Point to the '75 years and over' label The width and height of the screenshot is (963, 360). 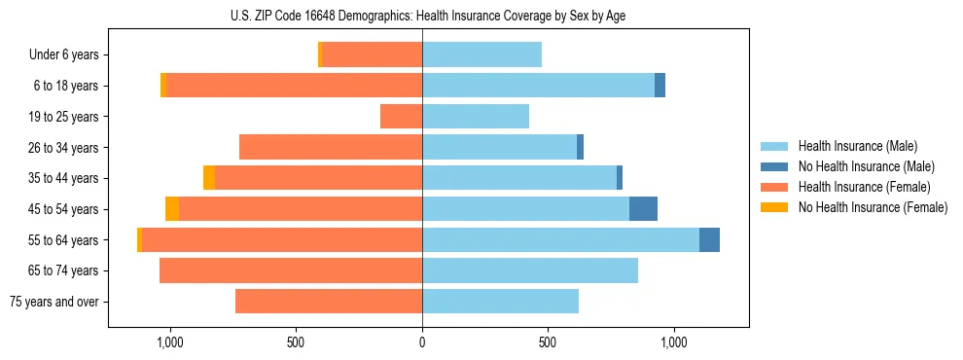53,302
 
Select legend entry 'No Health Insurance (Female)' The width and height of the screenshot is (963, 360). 873,207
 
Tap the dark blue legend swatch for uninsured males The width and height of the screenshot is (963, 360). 775,166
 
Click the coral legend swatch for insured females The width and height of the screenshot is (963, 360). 775,187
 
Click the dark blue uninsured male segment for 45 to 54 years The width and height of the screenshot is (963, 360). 643,209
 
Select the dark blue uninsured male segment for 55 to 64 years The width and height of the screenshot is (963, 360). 709,239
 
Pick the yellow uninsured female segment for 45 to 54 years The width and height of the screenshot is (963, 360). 172,209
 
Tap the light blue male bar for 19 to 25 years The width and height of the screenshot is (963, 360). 476,117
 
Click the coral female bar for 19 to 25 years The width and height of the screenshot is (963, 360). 401,117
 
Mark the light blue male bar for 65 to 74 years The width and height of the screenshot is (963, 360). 530,270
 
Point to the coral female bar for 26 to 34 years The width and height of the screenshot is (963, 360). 331,147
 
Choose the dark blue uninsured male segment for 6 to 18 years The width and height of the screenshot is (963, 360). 660,86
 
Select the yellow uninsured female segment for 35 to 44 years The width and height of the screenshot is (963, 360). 209,178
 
